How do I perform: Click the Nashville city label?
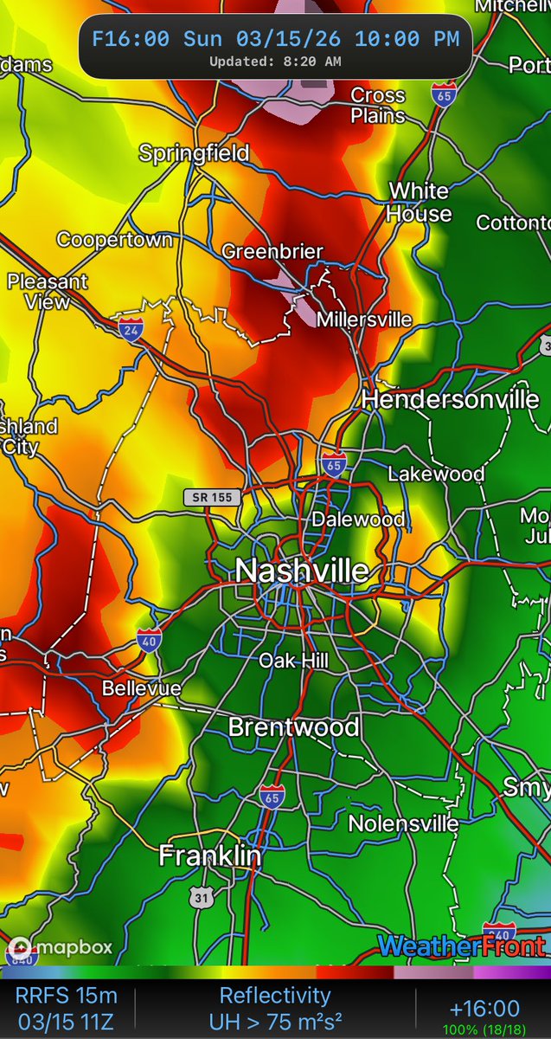[x=302, y=571]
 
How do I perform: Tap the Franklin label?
[x=210, y=855]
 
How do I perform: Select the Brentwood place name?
[x=293, y=727]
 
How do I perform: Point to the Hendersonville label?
[x=450, y=399]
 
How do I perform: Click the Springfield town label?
[x=195, y=154]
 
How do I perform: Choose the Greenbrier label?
[x=272, y=252]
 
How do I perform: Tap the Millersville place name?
[x=364, y=319]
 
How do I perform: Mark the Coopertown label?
[x=115, y=239]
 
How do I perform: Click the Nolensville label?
[x=403, y=823]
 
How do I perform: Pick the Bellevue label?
[x=142, y=689]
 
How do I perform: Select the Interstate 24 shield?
[x=131, y=329]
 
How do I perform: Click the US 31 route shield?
[x=202, y=898]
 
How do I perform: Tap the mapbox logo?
[x=61, y=946]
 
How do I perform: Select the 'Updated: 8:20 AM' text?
[x=274, y=61]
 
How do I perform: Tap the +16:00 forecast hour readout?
[x=484, y=1008]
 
